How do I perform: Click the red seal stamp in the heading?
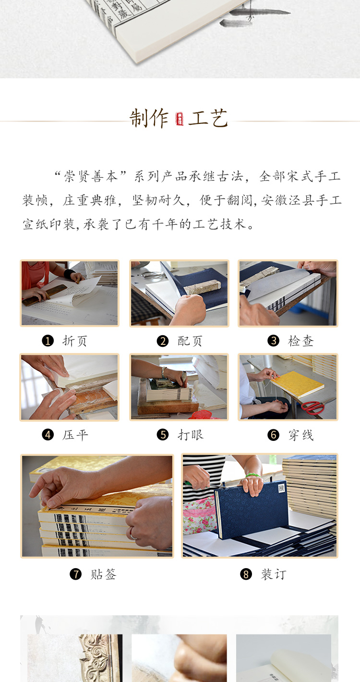click(180, 119)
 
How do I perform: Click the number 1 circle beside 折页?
click(48, 341)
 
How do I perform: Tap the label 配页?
click(190, 341)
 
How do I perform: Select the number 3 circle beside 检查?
click(273, 341)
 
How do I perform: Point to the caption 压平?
click(75, 435)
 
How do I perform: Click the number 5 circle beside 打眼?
click(163, 435)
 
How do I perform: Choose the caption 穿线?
click(300, 435)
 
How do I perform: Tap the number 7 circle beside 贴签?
click(75, 574)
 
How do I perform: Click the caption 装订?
click(274, 574)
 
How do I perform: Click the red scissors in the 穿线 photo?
click(312, 407)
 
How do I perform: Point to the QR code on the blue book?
click(281, 488)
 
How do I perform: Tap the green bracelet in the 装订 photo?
click(253, 475)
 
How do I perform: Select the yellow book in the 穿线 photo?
click(298, 384)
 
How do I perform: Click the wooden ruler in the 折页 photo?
click(45, 295)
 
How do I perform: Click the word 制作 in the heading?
click(149, 118)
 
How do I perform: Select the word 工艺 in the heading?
click(208, 118)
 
